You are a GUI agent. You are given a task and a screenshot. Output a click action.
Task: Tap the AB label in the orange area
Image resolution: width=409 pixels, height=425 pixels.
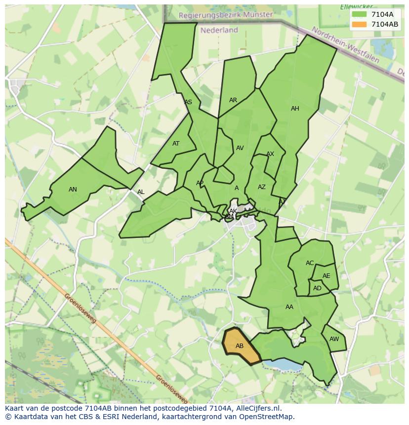click(240, 346)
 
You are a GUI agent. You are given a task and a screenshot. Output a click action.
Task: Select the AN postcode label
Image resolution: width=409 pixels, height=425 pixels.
click(73, 190)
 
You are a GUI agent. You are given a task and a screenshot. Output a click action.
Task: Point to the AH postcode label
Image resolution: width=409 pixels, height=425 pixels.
click(295, 109)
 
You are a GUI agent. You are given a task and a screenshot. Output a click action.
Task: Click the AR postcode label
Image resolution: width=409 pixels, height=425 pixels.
click(233, 100)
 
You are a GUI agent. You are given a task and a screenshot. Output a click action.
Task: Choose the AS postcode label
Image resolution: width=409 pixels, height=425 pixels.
click(188, 103)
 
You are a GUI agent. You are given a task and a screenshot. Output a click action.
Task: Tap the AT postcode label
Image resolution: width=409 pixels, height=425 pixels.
click(176, 144)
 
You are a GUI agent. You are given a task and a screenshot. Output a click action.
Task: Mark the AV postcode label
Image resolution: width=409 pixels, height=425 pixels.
click(240, 148)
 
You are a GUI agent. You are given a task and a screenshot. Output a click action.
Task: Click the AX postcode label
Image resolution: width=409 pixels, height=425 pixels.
click(270, 155)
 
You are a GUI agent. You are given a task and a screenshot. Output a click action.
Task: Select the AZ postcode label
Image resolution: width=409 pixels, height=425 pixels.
click(262, 187)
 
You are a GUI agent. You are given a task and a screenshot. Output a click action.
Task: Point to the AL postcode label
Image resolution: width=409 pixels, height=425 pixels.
click(141, 192)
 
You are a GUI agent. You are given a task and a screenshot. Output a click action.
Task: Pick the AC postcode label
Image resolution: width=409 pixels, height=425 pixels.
click(310, 263)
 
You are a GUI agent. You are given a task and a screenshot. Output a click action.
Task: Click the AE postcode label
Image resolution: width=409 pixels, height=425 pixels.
click(326, 276)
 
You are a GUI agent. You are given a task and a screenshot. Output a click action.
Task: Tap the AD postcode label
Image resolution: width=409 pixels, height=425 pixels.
click(317, 288)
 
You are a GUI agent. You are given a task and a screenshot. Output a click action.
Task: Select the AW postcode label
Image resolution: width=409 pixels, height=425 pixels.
click(334, 339)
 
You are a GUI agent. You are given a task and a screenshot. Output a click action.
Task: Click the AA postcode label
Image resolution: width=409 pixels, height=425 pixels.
click(289, 307)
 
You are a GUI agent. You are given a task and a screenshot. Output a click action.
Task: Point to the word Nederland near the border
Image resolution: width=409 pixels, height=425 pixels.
click(219, 30)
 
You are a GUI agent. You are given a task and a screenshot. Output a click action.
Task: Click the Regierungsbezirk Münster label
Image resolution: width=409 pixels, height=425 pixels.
click(226, 15)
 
